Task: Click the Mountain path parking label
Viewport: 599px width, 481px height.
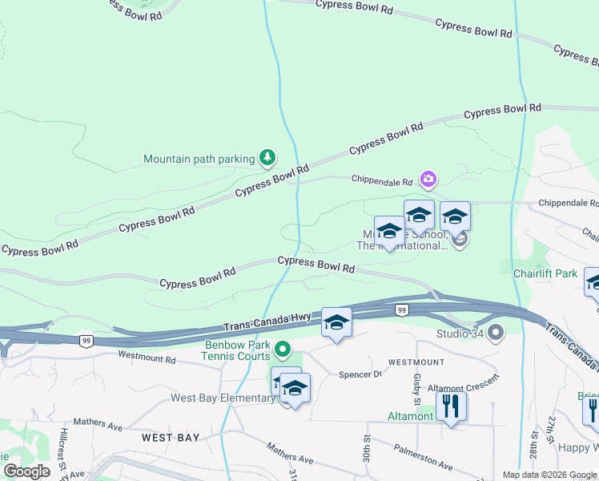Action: [x=199, y=159]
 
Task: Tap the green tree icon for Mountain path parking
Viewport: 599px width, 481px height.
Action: [x=267, y=158]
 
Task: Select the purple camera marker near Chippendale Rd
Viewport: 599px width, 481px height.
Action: [x=428, y=179]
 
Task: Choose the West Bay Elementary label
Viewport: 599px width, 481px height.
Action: [x=223, y=398]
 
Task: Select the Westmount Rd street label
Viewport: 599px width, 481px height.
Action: [x=147, y=355]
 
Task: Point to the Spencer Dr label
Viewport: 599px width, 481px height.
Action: [x=360, y=374]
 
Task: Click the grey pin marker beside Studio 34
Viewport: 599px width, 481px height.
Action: [x=496, y=331]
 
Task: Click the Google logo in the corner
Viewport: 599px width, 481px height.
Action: [x=26, y=471]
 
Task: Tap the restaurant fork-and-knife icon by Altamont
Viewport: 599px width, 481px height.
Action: [x=451, y=407]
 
